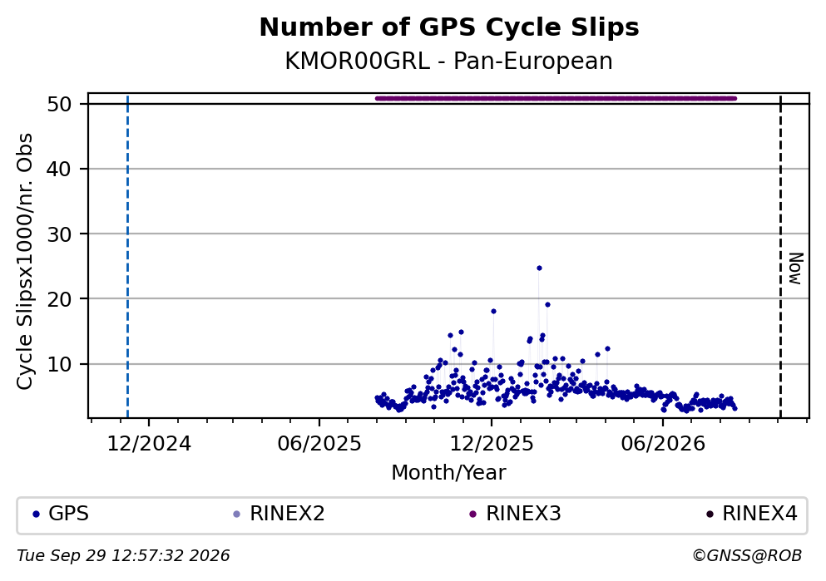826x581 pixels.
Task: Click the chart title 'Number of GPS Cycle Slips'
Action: pos(449,27)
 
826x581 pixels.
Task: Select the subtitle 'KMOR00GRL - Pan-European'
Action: pos(449,61)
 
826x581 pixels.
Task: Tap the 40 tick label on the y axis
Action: pos(59,169)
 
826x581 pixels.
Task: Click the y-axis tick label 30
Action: pos(59,234)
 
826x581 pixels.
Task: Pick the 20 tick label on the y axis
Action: pos(59,299)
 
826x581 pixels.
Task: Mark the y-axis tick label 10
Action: pos(59,364)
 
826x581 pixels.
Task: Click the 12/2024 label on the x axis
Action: pos(149,444)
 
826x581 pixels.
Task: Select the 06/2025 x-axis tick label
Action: pos(319,444)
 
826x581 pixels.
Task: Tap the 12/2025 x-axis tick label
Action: pos(492,444)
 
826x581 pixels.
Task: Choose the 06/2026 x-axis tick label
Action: pos(663,444)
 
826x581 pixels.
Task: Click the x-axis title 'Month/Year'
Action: pos(449,473)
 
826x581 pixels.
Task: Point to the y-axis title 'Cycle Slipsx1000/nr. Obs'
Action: pos(25,262)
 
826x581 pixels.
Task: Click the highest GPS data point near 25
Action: pos(539,268)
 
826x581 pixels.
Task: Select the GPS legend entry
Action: pos(61,514)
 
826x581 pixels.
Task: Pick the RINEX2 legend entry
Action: pos(279,514)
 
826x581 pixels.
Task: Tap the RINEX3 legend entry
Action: pos(515,514)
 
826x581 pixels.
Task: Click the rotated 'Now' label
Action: pos(795,268)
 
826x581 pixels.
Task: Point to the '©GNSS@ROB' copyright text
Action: pos(747,556)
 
